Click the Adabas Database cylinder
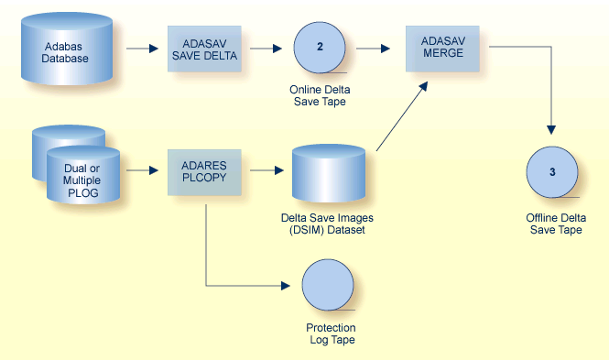point(66,51)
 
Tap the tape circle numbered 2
point(319,48)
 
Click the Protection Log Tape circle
point(328,285)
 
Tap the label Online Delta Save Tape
point(319,95)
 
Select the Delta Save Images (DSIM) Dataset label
point(328,224)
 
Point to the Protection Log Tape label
point(331,333)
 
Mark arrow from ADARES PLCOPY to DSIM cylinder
point(266,170)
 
